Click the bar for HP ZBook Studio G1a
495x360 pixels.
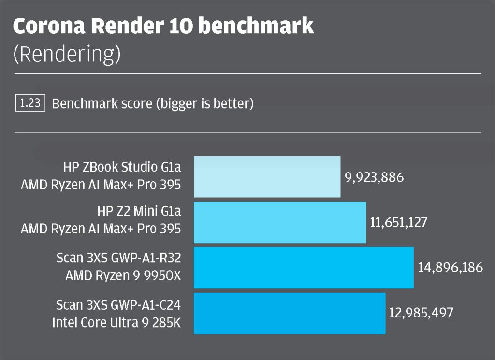[267, 176]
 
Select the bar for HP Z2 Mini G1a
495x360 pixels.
[280, 222]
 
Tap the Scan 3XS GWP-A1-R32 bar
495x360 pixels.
[304, 268]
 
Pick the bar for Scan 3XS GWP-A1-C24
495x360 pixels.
[290, 313]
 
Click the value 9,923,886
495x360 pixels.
[373, 177]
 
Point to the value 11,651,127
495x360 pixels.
[399, 223]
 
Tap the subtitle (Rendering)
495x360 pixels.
[66, 55]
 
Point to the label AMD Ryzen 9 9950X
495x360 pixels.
[123, 276]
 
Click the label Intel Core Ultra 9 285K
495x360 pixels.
[116, 322]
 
